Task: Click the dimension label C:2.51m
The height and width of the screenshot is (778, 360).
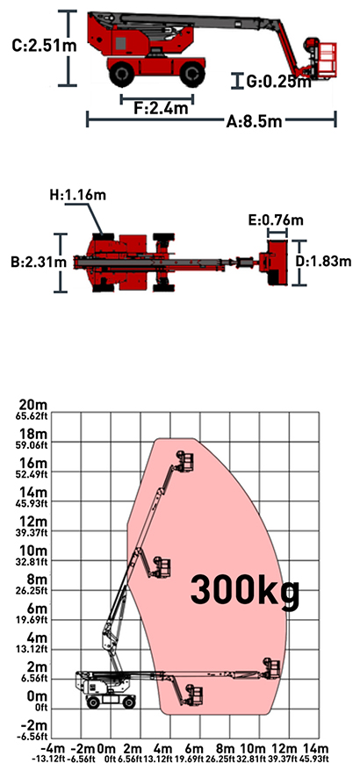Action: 44,47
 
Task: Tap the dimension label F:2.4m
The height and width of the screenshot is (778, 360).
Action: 161,109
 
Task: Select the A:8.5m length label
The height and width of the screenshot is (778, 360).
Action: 254,121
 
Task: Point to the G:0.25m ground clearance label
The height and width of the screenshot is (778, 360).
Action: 278,82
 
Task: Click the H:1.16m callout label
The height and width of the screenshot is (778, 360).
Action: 77,196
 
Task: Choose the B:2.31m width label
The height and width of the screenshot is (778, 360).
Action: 39,262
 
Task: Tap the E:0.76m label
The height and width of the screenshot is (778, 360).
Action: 276,220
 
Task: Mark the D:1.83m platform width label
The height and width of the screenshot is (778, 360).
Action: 329,262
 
